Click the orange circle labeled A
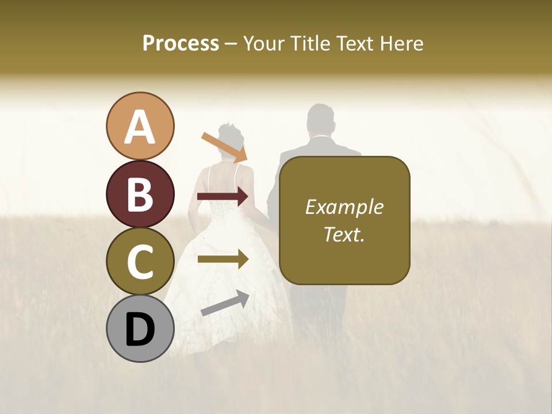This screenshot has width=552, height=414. (x=140, y=126)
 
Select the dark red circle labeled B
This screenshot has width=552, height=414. (x=140, y=194)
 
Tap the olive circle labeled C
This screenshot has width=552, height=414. (x=140, y=262)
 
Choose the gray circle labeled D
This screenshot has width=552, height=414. (x=140, y=328)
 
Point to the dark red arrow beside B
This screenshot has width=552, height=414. (x=223, y=197)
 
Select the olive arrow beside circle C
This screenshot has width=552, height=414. (x=223, y=259)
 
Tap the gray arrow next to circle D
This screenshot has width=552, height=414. (x=225, y=303)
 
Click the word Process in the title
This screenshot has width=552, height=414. (x=181, y=44)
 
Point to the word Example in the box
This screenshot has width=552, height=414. (x=344, y=207)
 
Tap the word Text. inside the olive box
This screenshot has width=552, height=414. (x=344, y=234)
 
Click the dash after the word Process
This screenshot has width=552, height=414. (x=231, y=44)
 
